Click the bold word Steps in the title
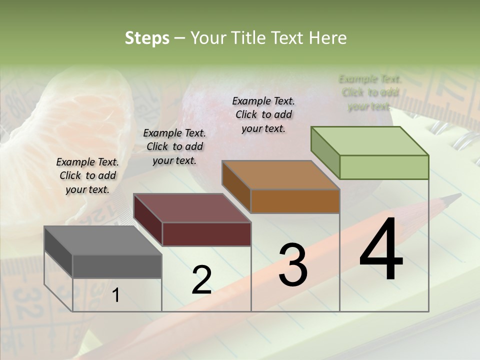(147, 38)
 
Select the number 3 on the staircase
(292, 265)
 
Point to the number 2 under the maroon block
(201, 280)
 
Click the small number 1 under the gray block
(115, 295)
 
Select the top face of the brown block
(280, 175)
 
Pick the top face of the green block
(369, 141)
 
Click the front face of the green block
(384, 167)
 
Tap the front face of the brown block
(295, 201)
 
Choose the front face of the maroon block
(206, 234)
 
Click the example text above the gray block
(87, 175)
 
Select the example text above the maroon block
(174, 146)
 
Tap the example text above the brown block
(263, 114)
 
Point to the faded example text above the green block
(370, 92)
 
